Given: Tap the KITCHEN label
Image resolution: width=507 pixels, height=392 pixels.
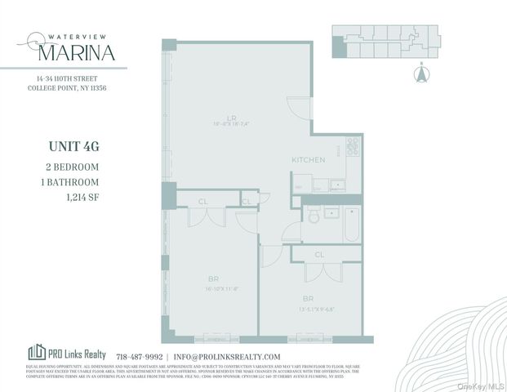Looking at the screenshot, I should click(x=309, y=159).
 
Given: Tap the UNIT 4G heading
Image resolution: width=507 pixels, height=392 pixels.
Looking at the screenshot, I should click(x=69, y=147).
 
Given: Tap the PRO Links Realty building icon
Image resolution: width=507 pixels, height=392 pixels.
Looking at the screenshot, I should click(x=37, y=353).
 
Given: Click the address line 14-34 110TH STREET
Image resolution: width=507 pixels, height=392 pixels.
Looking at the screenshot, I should click(x=70, y=78).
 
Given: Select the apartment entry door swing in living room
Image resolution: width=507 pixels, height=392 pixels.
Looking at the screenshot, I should click(x=297, y=109).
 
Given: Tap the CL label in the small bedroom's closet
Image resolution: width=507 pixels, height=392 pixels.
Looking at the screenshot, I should click(x=319, y=254).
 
